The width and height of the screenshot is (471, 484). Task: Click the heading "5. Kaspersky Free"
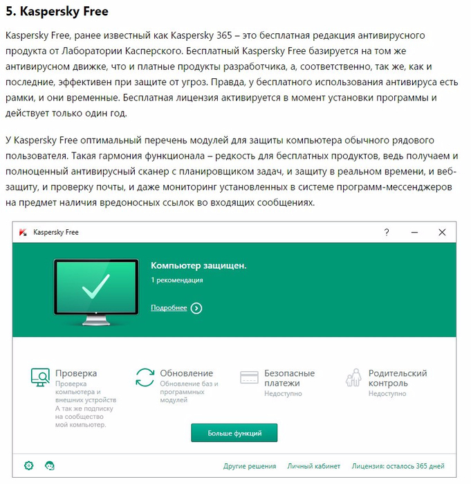click(x=56, y=12)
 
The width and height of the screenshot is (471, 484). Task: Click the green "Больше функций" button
click(x=234, y=433)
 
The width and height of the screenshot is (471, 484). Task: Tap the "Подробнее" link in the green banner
click(x=169, y=308)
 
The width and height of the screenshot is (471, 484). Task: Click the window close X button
click(x=442, y=233)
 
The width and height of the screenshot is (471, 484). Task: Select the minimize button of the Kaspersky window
click(x=414, y=233)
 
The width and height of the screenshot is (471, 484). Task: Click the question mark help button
click(x=387, y=233)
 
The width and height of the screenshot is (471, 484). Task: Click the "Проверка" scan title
click(x=76, y=373)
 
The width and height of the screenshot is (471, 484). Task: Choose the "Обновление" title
click(x=186, y=373)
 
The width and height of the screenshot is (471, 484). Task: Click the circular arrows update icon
click(x=145, y=377)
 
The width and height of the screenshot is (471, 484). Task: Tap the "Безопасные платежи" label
click(x=289, y=378)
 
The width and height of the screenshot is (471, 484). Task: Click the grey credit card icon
click(x=249, y=377)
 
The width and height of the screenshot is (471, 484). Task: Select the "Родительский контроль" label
click(x=398, y=378)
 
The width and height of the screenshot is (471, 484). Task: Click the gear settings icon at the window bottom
click(x=29, y=465)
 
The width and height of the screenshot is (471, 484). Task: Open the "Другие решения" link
click(x=250, y=466)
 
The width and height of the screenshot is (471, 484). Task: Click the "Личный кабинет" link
click(x=314, y=466)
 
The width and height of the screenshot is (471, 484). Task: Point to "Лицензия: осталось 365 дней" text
click(x=398, y=466)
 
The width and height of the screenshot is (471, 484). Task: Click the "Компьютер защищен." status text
click(x=198, y=265)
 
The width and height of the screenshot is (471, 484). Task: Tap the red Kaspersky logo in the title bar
click(x=24, y=233)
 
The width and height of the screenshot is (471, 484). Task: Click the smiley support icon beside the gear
click(x=50, y=465)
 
